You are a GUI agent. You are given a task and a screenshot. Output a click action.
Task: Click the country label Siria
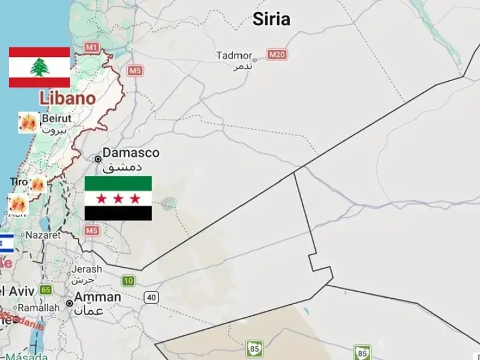[271, 19]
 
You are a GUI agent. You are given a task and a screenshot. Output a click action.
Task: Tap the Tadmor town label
[234, 56]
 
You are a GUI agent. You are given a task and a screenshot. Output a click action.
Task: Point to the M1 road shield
[92, 47]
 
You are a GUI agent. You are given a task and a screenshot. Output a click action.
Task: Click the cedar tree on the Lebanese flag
[40, 67]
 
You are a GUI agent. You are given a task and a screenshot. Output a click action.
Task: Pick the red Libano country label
[67, 98]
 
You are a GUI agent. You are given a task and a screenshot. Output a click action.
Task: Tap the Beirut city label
[56, 119]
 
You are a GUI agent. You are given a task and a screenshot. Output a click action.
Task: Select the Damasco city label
[131, 153]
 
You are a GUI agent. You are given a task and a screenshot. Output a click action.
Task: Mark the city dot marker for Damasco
[98, 159]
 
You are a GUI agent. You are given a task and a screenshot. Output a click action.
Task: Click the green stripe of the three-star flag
[118, 182]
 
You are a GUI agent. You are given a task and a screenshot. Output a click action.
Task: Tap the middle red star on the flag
[118, 198]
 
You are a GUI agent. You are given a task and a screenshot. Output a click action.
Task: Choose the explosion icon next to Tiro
[38, 184]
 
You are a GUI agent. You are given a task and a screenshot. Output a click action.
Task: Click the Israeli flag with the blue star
[6, 242]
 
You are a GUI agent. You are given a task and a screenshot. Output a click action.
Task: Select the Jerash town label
[88, 269]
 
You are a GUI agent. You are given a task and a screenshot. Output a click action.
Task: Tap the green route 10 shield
[128, 280]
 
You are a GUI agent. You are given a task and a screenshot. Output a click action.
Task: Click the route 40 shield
[151, 297]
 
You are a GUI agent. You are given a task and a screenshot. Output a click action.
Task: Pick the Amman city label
[98, 297]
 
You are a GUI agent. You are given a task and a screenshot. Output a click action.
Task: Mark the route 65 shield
[46, 290]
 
